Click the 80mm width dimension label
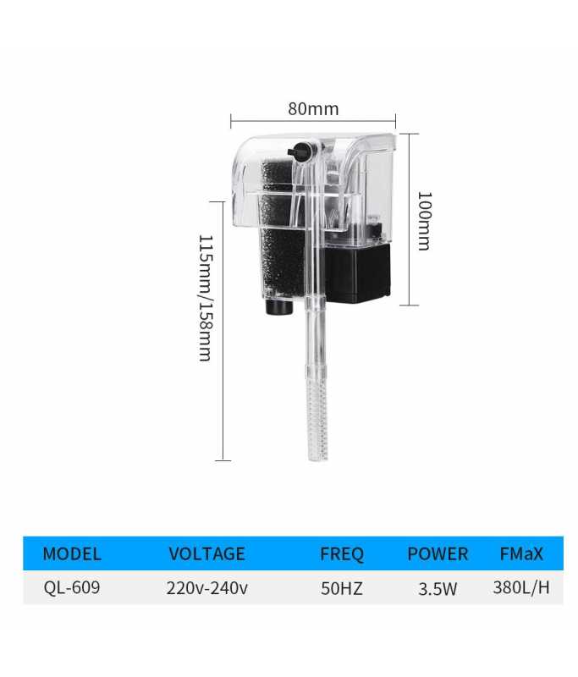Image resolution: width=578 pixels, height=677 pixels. coord(313,109)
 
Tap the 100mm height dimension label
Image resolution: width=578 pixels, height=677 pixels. coord(424,221)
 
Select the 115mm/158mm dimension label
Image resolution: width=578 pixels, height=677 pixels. coord(205,298)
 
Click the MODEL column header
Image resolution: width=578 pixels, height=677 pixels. coord(72,553)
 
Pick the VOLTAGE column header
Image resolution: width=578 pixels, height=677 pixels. coord(206,553)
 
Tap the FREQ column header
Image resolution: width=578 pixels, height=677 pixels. coord(341,554)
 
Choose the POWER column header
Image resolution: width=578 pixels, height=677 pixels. coord(438,554)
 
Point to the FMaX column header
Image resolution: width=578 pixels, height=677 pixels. coord(521,553)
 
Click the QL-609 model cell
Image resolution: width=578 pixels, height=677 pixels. coord(72,587)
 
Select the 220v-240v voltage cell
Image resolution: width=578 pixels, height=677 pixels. coord(207,588)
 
